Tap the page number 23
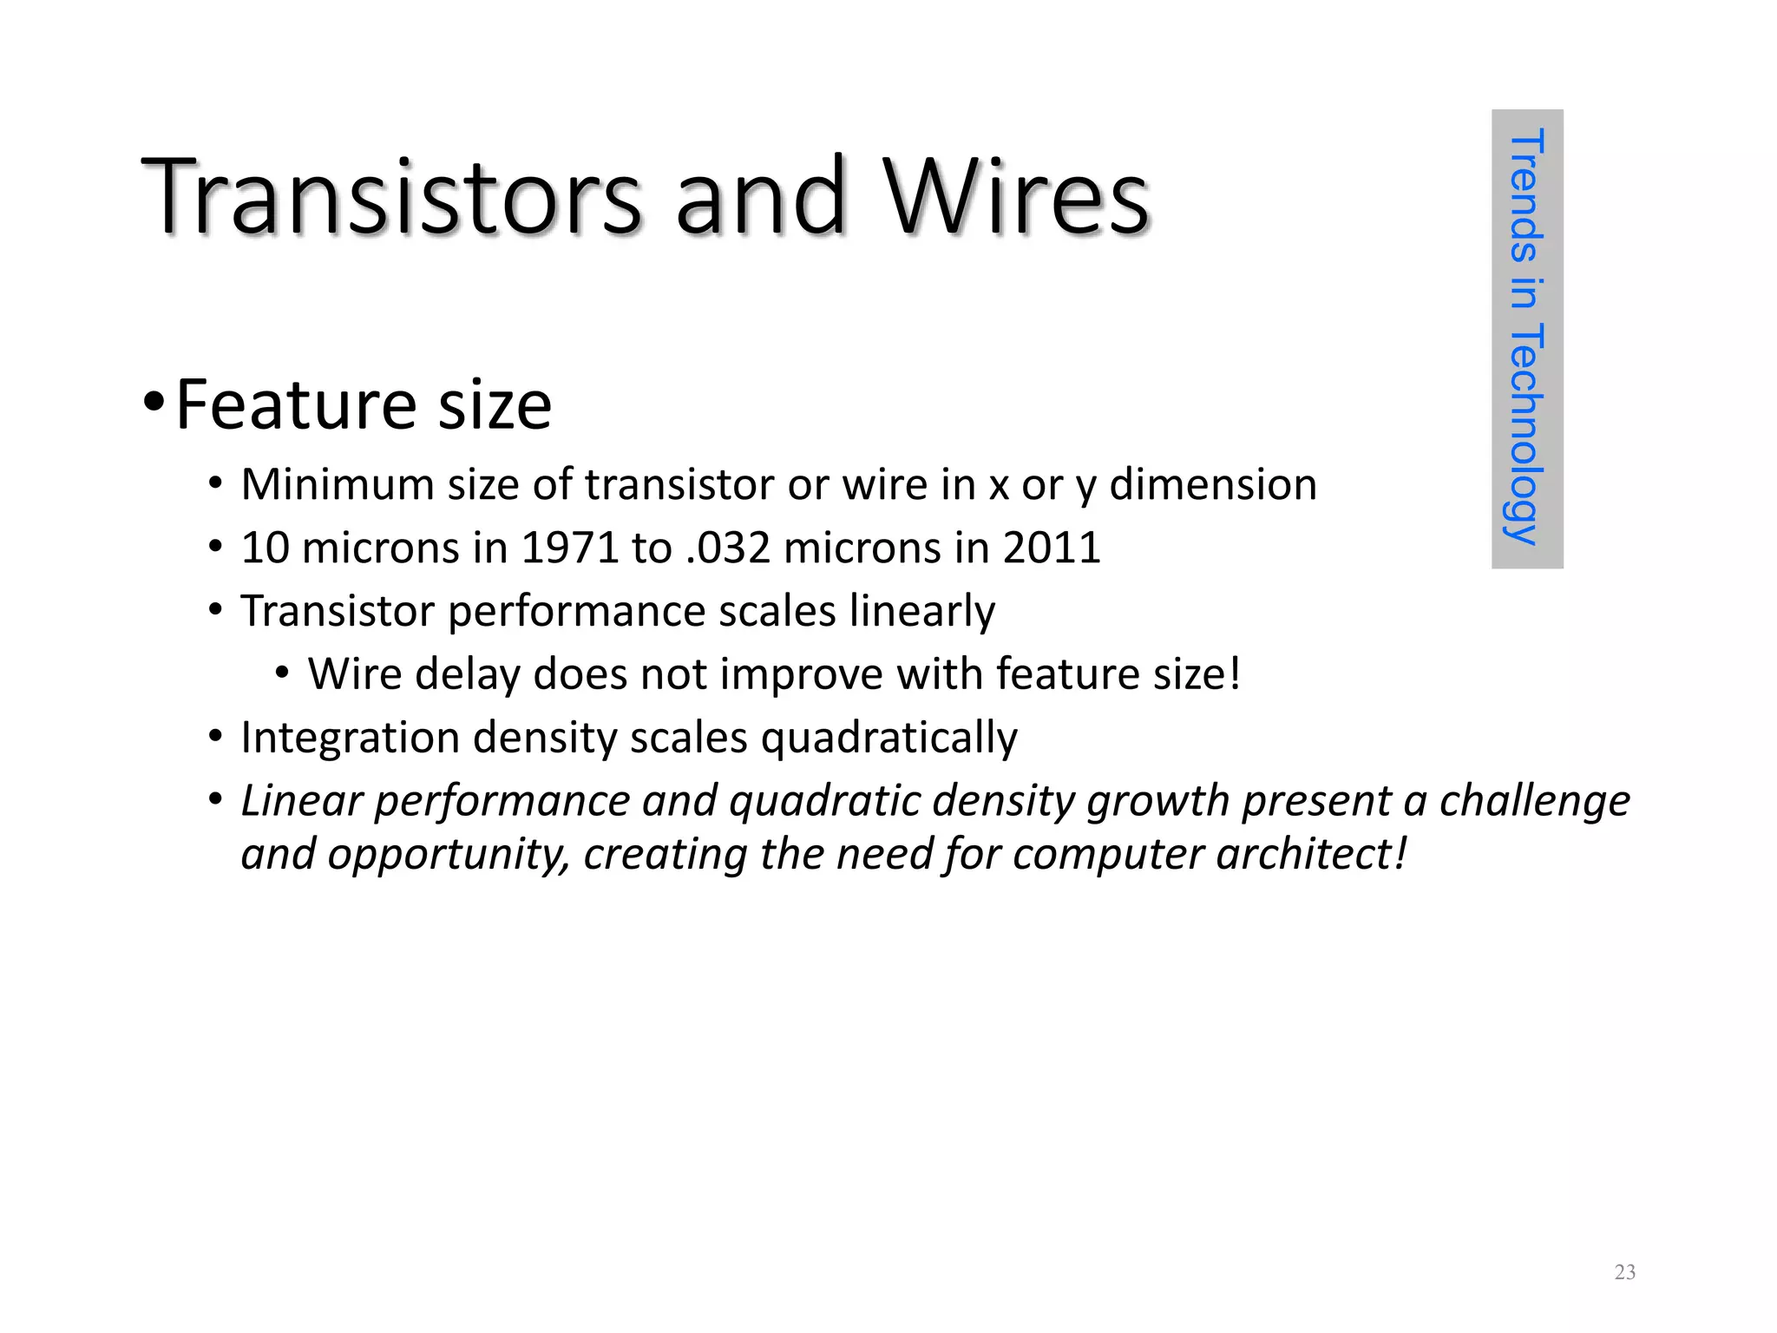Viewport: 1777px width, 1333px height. pos(1624,1272)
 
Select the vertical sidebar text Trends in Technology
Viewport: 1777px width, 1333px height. pos(1526,338)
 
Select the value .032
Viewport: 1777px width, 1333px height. pos(727,548)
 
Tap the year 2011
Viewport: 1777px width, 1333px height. pos(1052,548)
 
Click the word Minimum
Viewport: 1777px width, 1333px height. pos(337,484)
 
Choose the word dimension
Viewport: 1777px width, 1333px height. pos(1213,484)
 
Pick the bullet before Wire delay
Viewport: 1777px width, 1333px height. pos(282,673)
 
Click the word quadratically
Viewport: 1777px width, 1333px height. pos(888,739)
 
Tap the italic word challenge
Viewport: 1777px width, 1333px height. pos(1534,800)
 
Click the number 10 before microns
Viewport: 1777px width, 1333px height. pos(265,548)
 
